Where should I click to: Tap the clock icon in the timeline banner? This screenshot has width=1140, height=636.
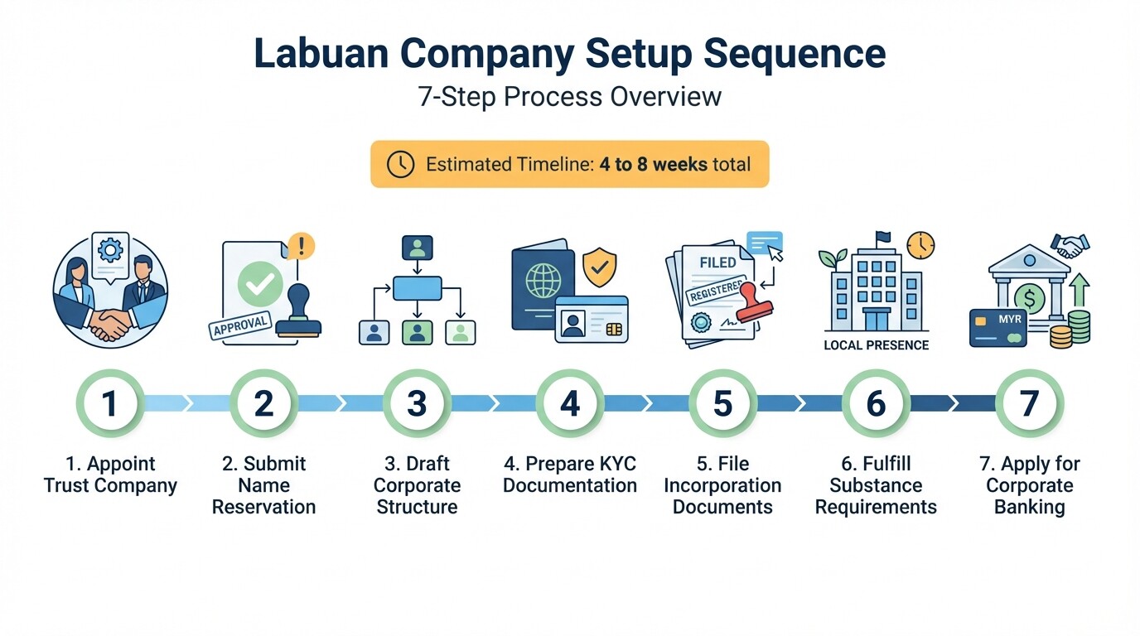coord(400,164)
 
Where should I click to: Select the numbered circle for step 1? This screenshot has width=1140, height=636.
coord(109,403)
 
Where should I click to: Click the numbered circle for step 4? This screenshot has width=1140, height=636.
coord(570,403)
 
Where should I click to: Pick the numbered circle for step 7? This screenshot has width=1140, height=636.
coord(1029,403)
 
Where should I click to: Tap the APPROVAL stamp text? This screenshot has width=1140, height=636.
coord(240,324)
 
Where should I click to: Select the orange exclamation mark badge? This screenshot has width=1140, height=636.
coord(302,245)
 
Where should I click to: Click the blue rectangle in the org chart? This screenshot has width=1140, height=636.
coord(417,288)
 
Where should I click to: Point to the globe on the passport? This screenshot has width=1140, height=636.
coord(543,282)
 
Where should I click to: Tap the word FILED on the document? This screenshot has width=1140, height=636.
coord(717,263)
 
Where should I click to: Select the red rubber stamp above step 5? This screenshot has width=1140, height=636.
coord(755,297)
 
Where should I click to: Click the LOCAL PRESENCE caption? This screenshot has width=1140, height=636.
coord(876,345)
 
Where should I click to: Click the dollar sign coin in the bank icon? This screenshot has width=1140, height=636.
coord(1029,296)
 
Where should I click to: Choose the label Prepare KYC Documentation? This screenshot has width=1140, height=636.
coord(570,475)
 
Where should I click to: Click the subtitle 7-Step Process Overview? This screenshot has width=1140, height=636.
coord(570,97)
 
